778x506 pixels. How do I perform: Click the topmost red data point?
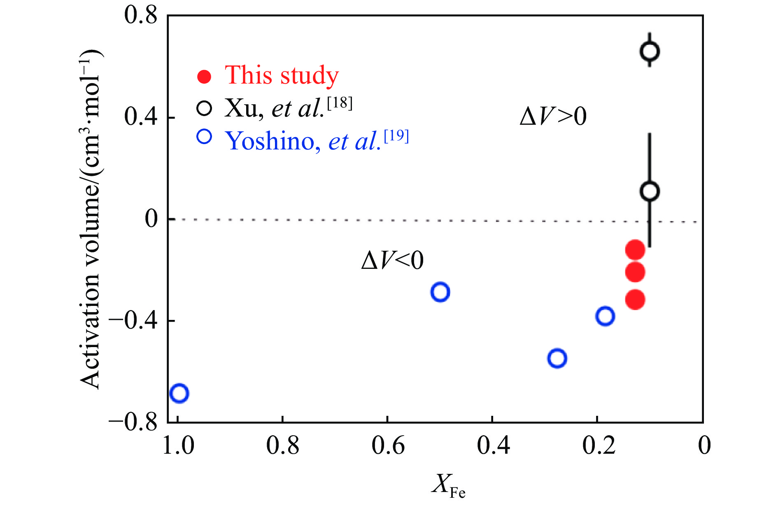[635, 250]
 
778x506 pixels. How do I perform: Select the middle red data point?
[635, 272]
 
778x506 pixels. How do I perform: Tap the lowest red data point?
[635, 300]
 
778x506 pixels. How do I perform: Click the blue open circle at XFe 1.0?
[179, 393]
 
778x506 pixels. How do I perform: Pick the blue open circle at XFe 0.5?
[440, 292]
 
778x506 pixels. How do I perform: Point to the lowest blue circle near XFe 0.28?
[557, 358]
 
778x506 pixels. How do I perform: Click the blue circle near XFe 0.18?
[605, 316]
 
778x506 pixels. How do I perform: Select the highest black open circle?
[650, 51]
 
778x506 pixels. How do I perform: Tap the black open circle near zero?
[650, 191]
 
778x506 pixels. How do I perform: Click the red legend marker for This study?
[204, 77]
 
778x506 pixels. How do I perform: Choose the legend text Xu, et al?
[288, 108]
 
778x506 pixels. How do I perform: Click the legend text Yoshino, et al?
[317, 141]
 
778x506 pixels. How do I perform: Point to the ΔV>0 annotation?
[553, 117]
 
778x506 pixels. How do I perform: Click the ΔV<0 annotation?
[392, 260]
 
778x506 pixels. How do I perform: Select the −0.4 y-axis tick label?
[133, 321]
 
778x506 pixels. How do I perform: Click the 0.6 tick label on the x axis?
[388, 446]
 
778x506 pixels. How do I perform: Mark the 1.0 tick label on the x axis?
[178, 446]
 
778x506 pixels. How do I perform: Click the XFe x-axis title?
[448, 486]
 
